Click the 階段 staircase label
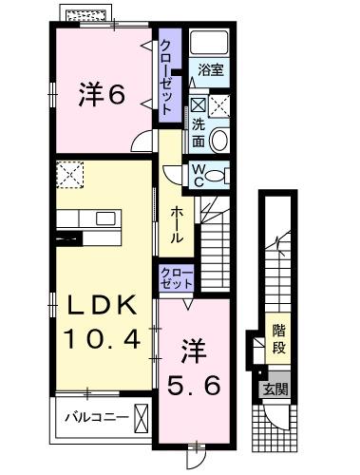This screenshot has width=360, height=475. click(x=278, y=337)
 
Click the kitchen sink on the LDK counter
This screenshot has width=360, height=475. click(x=100, y=218)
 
